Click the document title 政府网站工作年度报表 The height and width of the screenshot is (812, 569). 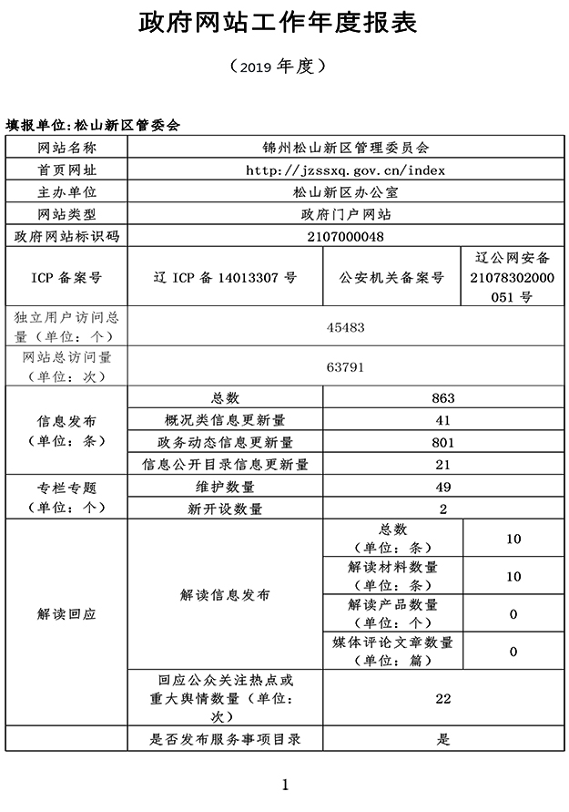tap(278, 24)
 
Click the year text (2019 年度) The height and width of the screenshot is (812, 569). tap(278, 67)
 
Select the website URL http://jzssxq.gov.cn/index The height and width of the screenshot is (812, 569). tap(345, 170)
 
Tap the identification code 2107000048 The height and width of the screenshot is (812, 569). tap(345, 236)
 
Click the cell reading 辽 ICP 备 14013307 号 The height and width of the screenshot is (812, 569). tap(225, 276)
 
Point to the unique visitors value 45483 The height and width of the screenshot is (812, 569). tap(345, 326)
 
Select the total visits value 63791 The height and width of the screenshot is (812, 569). tap(345, 367)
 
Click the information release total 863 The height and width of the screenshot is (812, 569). tap(443, 398)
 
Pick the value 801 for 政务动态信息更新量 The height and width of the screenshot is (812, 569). tap(443, 443)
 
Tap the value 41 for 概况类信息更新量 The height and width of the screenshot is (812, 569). tap(443, 420)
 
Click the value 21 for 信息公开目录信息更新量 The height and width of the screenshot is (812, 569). tap(443, 465)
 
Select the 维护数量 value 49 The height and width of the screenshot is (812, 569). tap(443, 487)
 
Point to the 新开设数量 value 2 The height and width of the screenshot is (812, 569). tap(443, 509)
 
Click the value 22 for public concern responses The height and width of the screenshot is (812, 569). tap(443, 699)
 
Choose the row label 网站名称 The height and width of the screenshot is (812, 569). tap(66, 148)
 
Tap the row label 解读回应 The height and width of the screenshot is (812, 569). tap(66, 614)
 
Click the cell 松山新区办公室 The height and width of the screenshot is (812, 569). tap(345, 192)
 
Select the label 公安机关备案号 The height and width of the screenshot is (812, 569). tap(392, 276)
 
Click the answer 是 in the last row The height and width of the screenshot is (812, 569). tap(443, 739)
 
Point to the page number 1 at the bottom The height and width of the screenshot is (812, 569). tap(285, 784)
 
